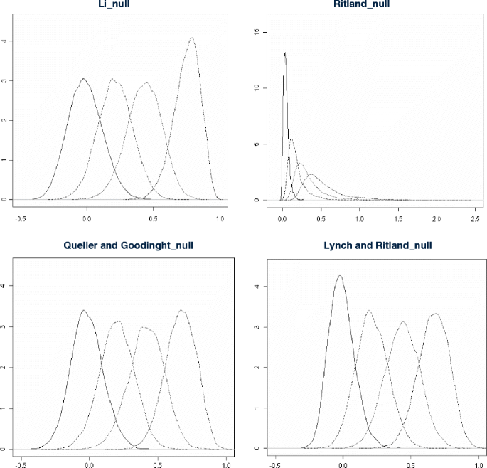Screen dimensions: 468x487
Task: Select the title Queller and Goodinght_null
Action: [x=123, y=245]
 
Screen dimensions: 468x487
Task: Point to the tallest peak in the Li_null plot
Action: [x=192, y=38]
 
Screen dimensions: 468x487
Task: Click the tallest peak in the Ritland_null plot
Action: [x=285, y=53]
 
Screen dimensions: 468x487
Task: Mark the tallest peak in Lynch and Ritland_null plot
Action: [x=340, y=275]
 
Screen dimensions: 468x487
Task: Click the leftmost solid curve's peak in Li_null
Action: [x=83, y=79]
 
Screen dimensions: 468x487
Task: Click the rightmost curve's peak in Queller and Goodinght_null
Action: [x=182, y=310]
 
